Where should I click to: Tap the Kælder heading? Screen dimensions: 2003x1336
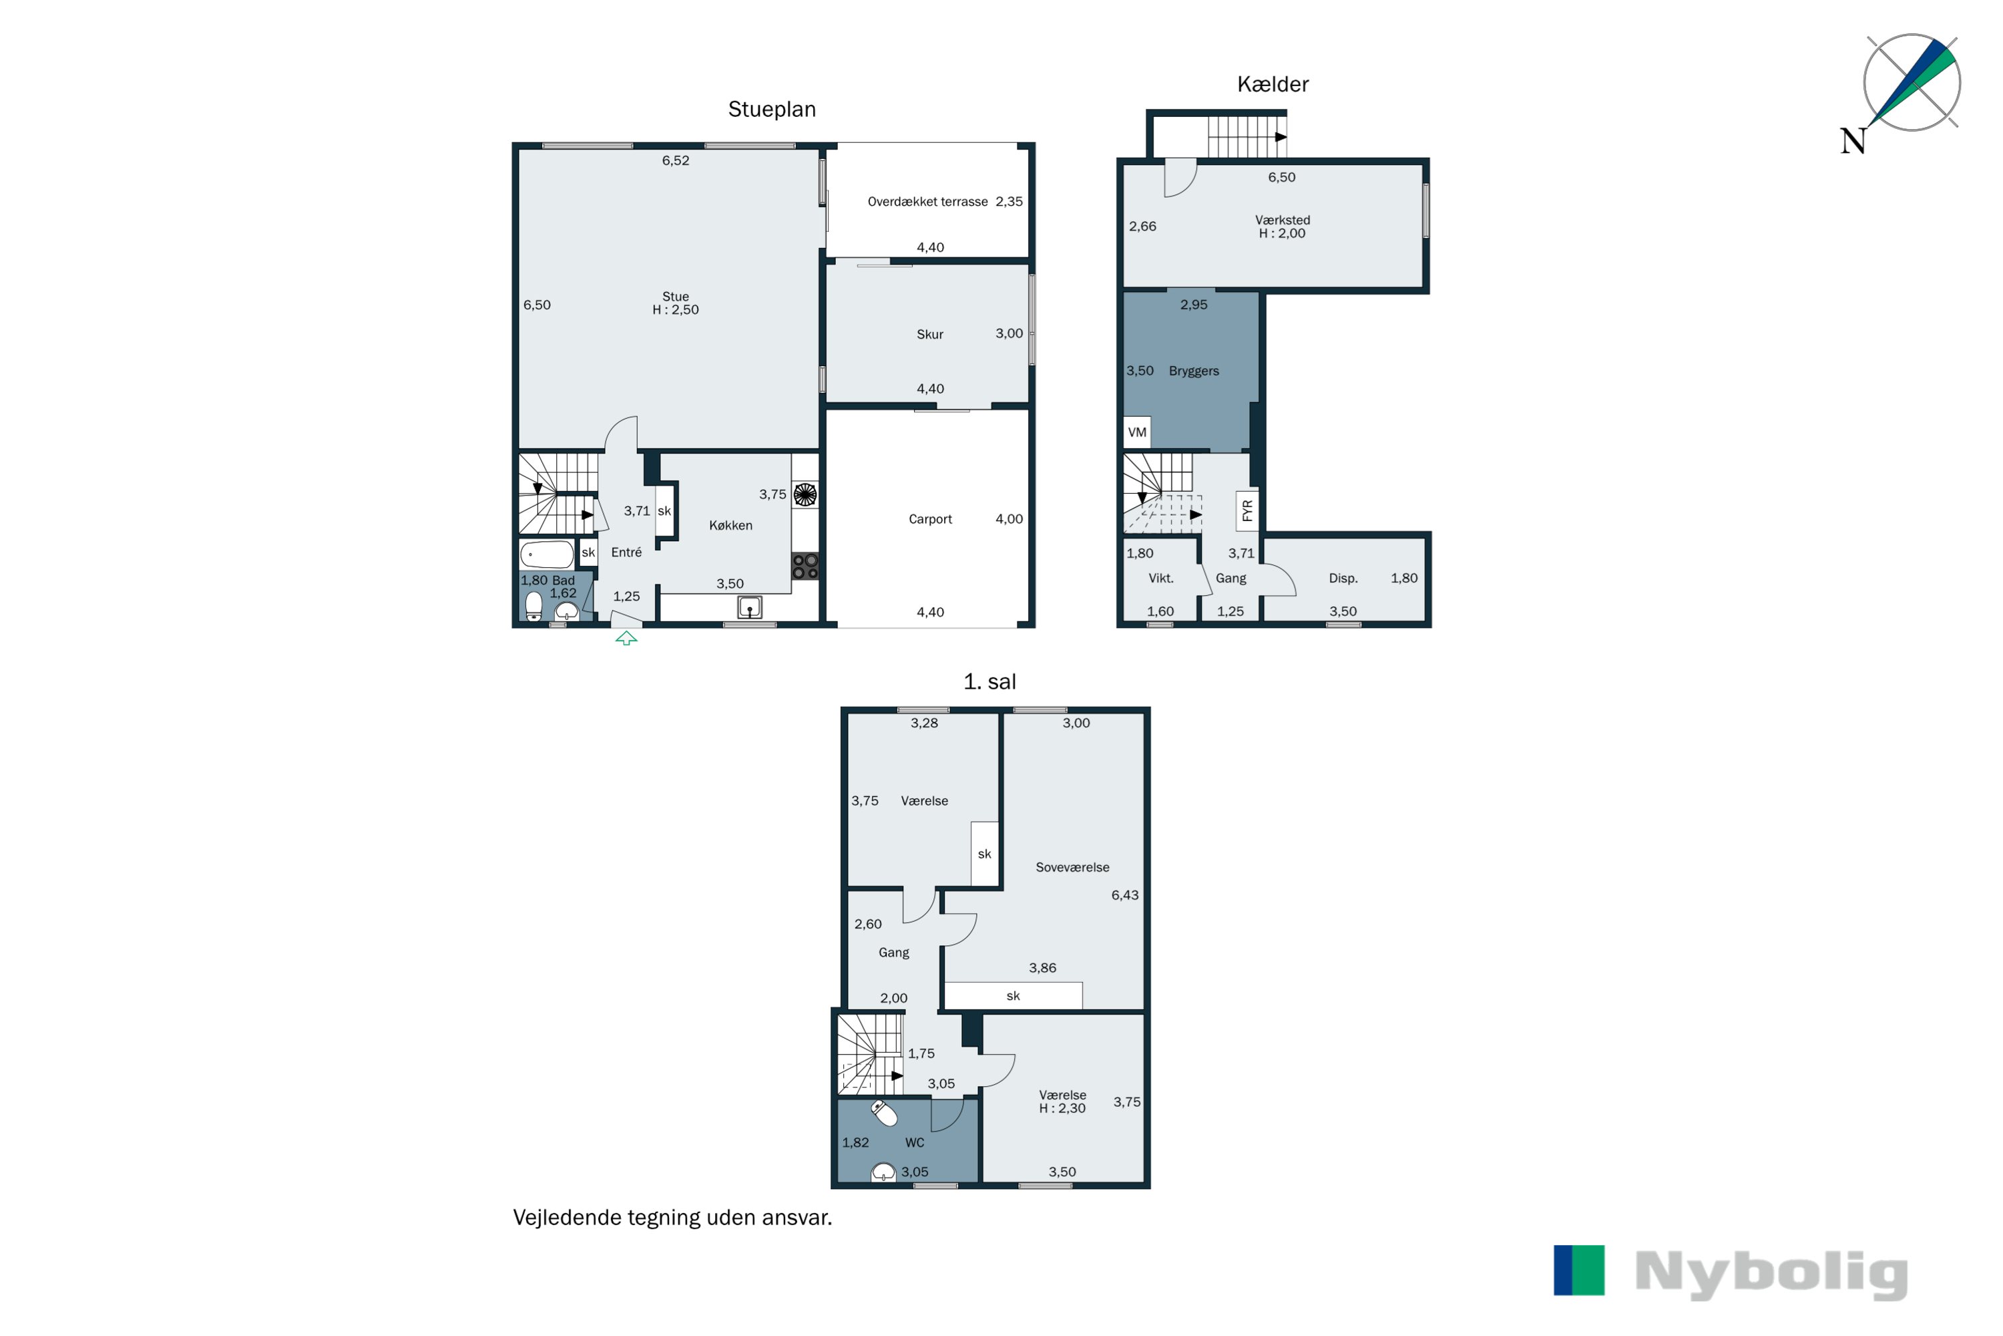coord(1273,84)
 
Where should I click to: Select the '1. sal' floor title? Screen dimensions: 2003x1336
coord(989,681)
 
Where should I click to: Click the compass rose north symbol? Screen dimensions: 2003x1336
coord(1911,83)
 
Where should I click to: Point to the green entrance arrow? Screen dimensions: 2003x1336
coord(626,637)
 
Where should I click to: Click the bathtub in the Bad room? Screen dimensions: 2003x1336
coord(546,554)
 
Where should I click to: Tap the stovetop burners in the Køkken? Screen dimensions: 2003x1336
coord(805,566)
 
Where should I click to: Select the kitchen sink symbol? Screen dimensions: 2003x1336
coord(749,607)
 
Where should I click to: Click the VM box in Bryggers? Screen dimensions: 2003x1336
coord(1137,432)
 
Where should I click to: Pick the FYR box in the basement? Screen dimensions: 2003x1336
coord(1247,510)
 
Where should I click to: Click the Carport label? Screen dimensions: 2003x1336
coord(930,519)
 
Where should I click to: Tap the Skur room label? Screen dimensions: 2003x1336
coord(930,334)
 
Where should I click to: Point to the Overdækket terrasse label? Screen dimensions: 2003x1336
coord(927,202)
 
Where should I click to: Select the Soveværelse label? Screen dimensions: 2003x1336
coord(1072,867)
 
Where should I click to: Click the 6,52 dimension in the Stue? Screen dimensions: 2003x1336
coord(675,160)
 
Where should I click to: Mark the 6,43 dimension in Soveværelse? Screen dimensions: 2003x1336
coord(1124,894)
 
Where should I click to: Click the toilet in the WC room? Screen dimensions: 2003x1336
coord(884,1112)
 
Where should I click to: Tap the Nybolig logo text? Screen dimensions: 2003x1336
coord(1771,1273)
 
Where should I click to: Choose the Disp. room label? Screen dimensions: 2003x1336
coord(1343,578)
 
